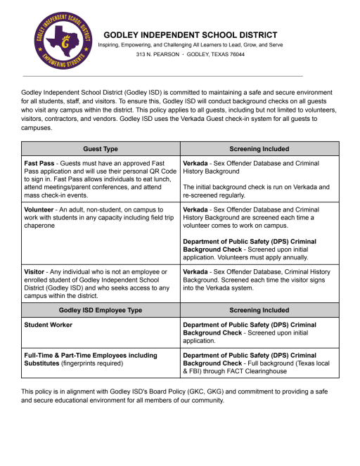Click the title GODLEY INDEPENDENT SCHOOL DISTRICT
pos(190,34)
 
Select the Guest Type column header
pos(101,149)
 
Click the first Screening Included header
pos(259,149)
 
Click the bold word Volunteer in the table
pos(44,209)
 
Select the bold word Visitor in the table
pos(37,271)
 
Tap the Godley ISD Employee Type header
pos(101,309)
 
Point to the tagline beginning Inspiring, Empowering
pos(190,44)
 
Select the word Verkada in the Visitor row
pos(198,271)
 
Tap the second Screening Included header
pos(259,309)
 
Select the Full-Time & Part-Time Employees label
pos(91,355)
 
